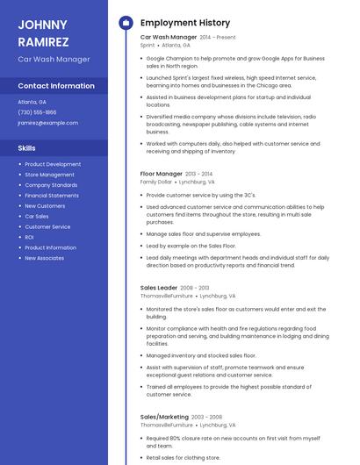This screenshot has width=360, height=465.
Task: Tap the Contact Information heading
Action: pos(56,86)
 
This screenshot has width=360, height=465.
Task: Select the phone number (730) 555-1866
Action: pos(37,112)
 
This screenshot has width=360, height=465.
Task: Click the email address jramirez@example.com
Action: pos(47,123)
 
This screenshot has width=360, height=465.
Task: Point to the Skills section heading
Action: pos(26,148)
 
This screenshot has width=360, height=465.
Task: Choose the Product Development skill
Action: pos(53,164)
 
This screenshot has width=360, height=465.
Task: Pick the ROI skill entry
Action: pos(29,237)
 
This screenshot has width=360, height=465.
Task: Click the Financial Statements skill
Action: pos(52,195)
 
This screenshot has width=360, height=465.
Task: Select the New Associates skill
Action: pos(44,258)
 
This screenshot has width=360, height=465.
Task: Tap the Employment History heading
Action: pos(185,23)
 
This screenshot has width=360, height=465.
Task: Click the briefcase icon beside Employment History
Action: pos(125,23)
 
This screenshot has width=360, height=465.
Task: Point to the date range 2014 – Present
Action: pos(218,38)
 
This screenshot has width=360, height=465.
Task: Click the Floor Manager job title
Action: pos(162,174)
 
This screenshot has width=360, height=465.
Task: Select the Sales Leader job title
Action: pos(160,288)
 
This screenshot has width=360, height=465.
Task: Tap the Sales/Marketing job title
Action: pos(164,417)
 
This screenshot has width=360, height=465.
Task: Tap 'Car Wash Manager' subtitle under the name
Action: pos(54,60)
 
